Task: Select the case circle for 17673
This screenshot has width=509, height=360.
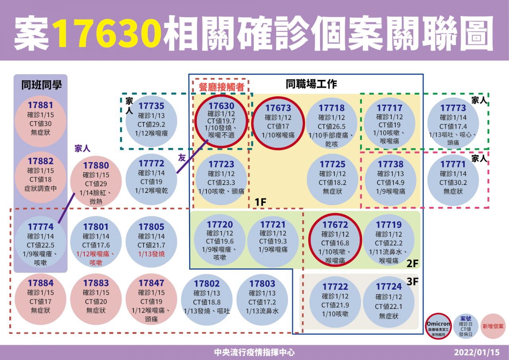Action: [278, 123]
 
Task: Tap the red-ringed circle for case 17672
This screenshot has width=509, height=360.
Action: [335, 240]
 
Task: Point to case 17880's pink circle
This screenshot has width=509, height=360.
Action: [96, 181]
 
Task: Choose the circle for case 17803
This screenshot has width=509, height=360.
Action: [262, 300]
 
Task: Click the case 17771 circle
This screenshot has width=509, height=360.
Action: [453, 180]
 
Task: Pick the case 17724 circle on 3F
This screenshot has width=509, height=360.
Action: [389, 302]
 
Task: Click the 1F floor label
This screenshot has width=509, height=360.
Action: [260, 202]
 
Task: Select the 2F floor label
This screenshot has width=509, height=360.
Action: [412, 263]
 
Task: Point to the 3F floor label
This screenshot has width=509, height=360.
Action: [412, 282]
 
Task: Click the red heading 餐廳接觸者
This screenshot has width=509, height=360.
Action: [221, 87]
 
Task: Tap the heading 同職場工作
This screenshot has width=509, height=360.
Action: [311, 84]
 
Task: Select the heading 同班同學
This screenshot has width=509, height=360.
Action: [41, 85]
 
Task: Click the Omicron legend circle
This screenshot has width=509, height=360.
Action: [438, 326]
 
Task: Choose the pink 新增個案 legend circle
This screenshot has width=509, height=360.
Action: [493, 326]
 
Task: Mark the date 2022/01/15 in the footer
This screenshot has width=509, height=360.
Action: [477, 352]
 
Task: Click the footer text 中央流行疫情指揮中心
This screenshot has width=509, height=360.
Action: [254, 352]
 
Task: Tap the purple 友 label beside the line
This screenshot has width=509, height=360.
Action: [182, 158]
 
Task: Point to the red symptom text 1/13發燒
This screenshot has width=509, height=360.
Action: [152, 254]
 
